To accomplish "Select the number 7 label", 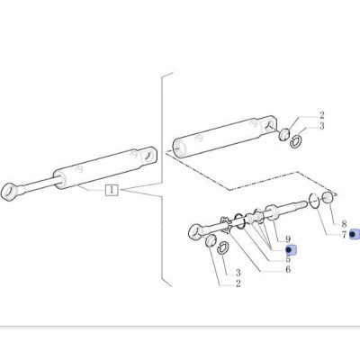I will (x=343, y=234).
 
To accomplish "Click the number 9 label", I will (x=288, y=239).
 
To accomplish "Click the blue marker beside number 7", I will (x=354, y=234).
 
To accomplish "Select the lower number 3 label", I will (x=238, y=272).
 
